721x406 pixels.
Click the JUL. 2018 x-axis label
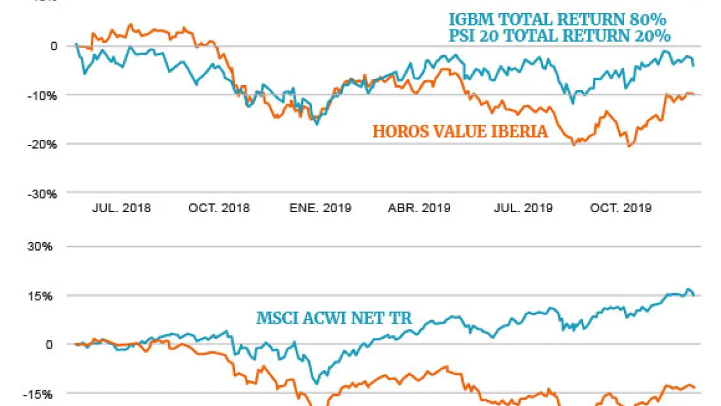(122, 208)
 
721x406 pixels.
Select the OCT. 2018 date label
(219, 208)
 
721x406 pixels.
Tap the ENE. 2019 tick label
(320, 208)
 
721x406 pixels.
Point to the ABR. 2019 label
(419, 208)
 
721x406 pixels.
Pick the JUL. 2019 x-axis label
(523, 208)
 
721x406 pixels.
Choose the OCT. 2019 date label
(621, 208)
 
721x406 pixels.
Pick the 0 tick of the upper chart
(54, 46)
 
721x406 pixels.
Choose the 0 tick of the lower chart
(54, 345)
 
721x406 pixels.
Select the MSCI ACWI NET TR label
(334, 318)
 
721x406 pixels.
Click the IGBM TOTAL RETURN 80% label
(558, 20)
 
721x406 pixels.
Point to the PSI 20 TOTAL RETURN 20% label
(560, 36)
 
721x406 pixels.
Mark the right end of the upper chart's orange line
(693, 94)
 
